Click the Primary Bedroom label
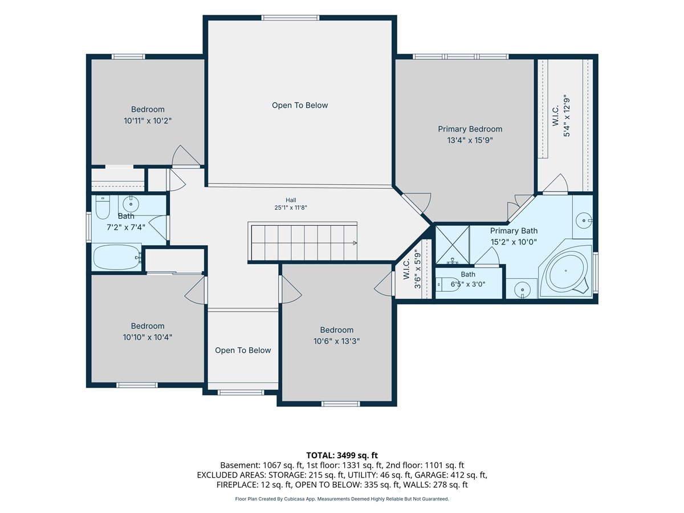[470, 129]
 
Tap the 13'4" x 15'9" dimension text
[470, 140]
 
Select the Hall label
[291, 200]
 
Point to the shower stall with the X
[452, 245]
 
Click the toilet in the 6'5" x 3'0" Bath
[448, 284]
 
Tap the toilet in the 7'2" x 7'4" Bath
[102, 207]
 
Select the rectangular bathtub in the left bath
[117, 257]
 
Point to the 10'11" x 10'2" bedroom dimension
[148, 120]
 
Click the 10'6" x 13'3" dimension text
[336, 341]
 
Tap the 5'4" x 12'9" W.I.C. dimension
[567, 116]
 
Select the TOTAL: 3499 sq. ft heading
[342, 455]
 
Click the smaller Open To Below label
[243, 350]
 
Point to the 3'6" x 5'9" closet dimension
[418, 270]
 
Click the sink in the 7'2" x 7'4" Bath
[131, 204]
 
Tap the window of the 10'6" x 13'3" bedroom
[341, 404]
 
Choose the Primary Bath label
[514, 231]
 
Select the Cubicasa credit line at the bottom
[342, 499]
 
